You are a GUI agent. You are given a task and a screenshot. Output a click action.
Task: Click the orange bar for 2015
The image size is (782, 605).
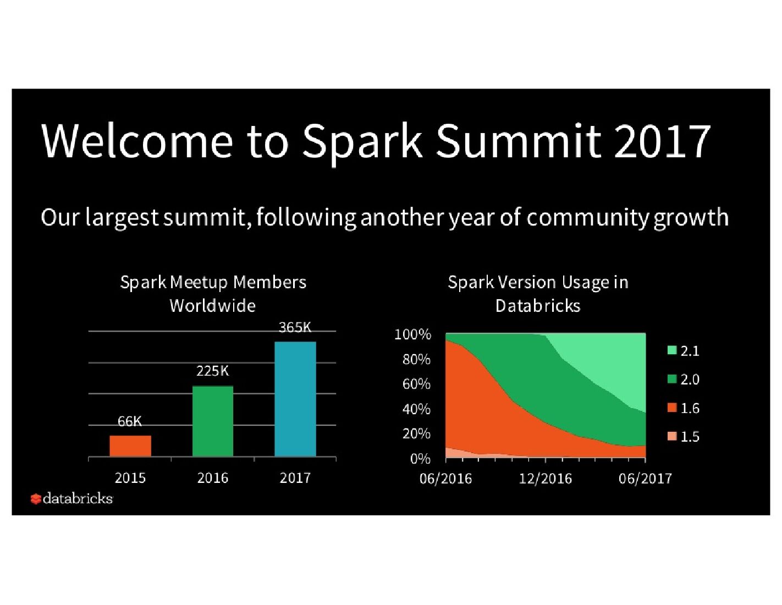coord(130,446)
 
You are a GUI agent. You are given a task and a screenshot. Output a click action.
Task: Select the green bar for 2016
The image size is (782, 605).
coord(213,421)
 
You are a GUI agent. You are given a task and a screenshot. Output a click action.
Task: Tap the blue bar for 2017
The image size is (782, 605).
coord(295,399)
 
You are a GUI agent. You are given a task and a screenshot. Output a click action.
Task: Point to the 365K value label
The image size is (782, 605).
coord(295,327)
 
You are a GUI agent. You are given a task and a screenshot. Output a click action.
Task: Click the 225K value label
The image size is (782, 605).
coord(212,371)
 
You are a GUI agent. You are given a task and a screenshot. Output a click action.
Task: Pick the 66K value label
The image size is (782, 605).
coord(130,421)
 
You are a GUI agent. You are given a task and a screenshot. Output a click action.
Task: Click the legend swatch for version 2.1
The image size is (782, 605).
coord(672,350)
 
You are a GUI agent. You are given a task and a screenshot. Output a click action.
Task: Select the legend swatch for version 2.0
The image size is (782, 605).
coord(672,379)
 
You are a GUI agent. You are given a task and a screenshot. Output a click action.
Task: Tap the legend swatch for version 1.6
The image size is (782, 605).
coord(672,408)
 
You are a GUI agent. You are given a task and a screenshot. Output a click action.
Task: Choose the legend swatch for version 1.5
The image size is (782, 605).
coord(672,436)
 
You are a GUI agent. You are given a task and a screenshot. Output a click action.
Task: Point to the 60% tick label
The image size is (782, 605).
coord(416,384)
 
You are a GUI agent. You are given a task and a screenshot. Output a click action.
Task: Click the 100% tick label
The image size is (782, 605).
coord(413,334)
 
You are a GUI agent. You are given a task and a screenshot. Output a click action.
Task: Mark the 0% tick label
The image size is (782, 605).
coord(420,459)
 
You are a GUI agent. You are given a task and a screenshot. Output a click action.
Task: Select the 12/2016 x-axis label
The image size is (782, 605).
coord(545,479)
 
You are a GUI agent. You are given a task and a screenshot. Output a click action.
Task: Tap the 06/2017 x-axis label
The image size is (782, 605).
coord(645,479)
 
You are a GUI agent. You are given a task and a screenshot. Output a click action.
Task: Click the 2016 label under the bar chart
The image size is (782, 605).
coord(213,478)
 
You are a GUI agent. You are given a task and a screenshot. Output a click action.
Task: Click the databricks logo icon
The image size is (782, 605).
coord(36,499)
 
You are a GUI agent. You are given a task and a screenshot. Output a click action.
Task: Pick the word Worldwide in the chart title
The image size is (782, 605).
coord(213,306)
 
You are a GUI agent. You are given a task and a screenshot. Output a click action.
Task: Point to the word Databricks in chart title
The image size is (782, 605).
coord(538,306)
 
